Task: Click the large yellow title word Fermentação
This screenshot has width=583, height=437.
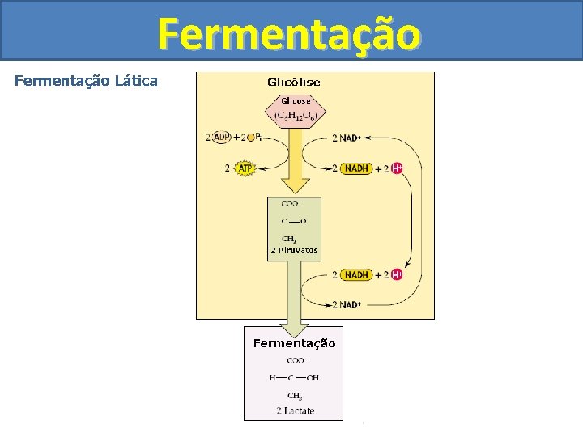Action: point(289,34)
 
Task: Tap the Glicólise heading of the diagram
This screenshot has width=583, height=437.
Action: point(294,82)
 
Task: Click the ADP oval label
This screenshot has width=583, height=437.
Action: point(221,138)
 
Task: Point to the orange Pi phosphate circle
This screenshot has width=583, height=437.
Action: point(253,138)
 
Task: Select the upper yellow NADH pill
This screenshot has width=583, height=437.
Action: point(356,168)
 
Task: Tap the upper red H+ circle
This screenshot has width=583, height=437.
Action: point(397,168)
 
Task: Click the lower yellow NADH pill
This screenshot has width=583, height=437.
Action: point(356,275)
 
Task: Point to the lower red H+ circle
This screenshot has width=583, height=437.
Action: point(397,275)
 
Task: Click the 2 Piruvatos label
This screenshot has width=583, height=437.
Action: point(294,251)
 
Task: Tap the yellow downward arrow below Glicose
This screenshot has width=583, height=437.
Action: point(296,170)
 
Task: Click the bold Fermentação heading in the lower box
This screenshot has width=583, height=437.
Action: point(294,343)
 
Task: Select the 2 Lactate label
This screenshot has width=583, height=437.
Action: point(295,411)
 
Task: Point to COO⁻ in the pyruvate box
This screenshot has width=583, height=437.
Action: point(291,204)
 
